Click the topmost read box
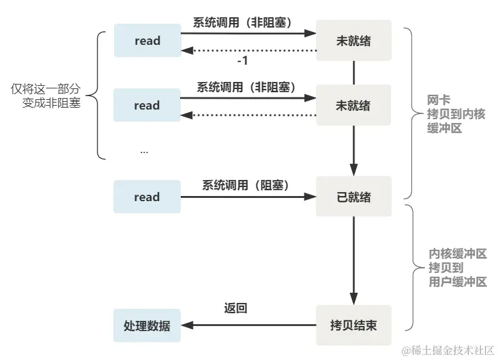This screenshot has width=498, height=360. [147, 41]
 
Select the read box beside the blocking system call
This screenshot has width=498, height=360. [147, 197]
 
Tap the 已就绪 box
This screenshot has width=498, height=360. [353, 197]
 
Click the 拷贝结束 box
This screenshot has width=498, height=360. [353, 325]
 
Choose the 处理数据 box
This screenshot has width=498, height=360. [147, 325]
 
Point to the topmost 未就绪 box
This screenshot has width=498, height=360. [353, 41]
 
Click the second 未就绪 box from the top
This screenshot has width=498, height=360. [353, 105]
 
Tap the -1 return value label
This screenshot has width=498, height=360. [242, 61]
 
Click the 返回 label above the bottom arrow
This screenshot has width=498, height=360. [235, 309]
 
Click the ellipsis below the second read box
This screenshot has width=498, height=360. [144, 151]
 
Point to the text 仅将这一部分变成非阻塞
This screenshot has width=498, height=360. [46, 95]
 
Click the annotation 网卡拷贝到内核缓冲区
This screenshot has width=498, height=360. [456, 114]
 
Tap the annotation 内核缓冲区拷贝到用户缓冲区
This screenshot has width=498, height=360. [458, 268]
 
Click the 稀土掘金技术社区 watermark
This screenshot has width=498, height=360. [448, 350]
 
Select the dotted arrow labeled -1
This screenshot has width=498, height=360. [250, 51]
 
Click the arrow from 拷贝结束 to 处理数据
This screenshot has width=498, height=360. [248, 325]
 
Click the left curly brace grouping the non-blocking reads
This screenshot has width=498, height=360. [97, 95]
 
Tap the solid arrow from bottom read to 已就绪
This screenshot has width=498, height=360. [248, 197]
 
